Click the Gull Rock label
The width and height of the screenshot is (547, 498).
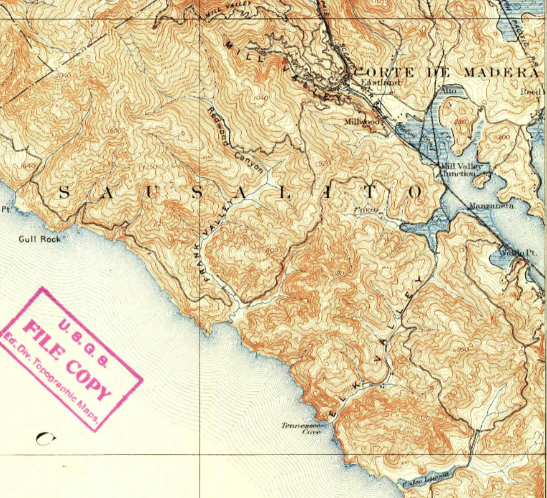tap(40, 238)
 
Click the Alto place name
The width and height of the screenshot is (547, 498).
tap(448, 91)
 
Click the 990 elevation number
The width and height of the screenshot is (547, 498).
tap(462, 350)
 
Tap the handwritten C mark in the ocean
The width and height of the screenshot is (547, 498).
tap(44, 439)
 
